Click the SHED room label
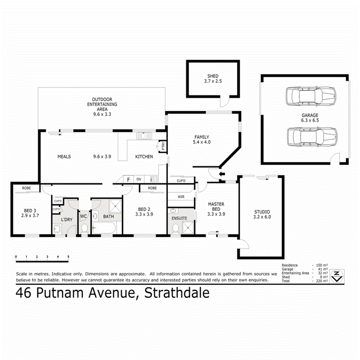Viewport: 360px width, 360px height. pos(213,76)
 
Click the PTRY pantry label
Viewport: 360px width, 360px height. pos(163,146)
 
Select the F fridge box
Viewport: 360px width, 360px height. pos(128,180)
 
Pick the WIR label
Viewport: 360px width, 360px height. pos(181,196)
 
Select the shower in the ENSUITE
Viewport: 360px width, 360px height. pos(187,228)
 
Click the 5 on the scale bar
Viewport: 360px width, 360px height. pos(68,256)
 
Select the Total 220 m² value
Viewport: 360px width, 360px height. pos(322,281)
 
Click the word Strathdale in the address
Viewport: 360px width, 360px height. pos(176,293)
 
